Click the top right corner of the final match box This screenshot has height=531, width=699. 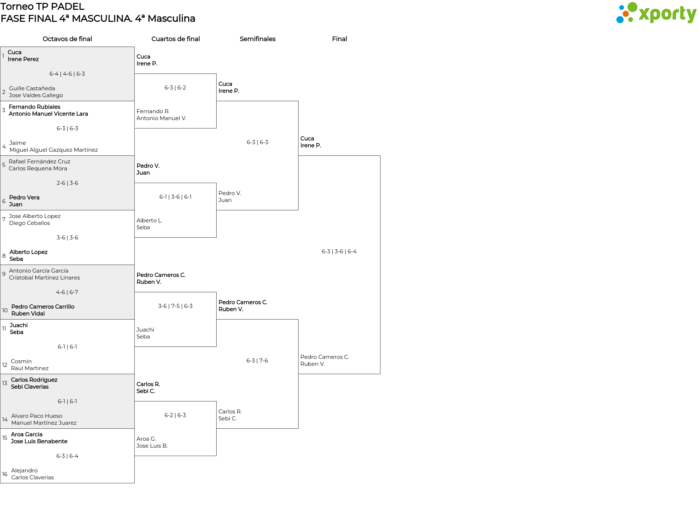[380, 156]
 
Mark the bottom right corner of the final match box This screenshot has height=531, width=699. [380, 374]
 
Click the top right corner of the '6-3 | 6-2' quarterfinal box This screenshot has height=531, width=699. [216, 74]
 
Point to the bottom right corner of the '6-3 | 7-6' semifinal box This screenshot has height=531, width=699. [298, 428]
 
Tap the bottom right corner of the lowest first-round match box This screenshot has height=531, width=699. [134, 483]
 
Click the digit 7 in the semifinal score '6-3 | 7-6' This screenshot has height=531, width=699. [261, 361]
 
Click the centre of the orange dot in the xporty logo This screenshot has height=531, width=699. [626, 14]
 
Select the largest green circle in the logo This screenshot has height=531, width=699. [632, 7]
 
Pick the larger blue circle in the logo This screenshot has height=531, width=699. [620, 19]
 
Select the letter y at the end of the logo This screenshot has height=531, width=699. [691, 16]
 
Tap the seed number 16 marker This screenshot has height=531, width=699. [5, 474]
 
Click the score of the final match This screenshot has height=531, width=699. [339, 251]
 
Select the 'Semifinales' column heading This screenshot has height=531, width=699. [257, 39]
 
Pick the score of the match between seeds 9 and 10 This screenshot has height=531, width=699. [67, 292]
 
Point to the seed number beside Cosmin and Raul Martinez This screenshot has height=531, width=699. [5, 365]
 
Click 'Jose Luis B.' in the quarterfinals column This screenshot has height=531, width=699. [152, 446]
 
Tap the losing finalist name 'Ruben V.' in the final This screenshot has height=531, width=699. [313, 364]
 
